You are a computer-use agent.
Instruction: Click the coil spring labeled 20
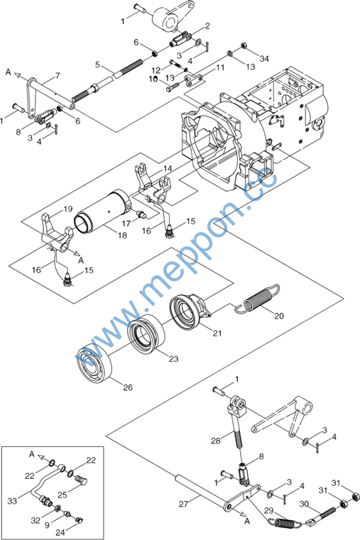coord(258,298)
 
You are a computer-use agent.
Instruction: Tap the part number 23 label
coord(173,359)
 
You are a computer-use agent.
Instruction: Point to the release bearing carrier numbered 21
coord(190,312)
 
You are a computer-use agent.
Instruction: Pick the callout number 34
coord(264,59)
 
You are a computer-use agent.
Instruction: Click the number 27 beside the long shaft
coord(184,504)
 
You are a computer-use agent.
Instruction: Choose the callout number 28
coord(216,441)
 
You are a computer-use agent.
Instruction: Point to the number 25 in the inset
coord(62,495)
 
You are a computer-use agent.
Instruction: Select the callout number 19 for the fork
coord(68,209)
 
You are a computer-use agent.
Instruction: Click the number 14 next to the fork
coord(168,168)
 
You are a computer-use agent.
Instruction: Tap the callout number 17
coord(126,224)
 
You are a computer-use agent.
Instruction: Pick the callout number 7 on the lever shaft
coord(58,75)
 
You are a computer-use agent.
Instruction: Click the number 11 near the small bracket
coord(220,67)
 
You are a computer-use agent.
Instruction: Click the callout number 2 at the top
coord(207,26)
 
